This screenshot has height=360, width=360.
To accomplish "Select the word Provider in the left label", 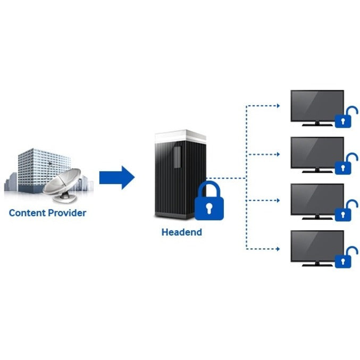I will click(66, 213).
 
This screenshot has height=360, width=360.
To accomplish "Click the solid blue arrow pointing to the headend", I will click(116, 177).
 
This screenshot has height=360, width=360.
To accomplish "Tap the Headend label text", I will click(182, 232).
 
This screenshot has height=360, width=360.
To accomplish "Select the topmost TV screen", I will click(317, 106).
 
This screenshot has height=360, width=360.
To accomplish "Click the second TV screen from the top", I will click(317, 153).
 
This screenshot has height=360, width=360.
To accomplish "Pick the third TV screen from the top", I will click(317, 199).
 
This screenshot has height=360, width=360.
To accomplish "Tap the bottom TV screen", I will click(317, 246).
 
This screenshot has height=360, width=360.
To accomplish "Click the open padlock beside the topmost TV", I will click(343, 119).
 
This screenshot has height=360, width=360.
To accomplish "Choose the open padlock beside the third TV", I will click(343, 212).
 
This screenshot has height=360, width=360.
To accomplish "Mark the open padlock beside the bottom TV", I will click(343, 258).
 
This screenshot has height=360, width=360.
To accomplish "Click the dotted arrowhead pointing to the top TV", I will click(278, 106).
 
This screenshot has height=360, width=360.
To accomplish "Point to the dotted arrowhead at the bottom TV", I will click(278, 248).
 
